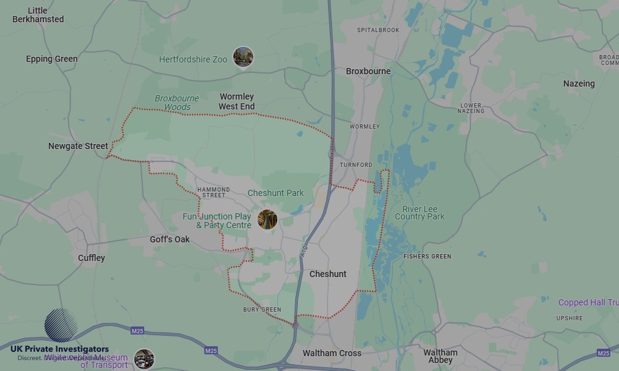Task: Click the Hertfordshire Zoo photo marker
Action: coord(243,57)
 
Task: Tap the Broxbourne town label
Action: coord(368,71)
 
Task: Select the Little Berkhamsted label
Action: coord(38,15)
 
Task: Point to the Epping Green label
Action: coord(52,59)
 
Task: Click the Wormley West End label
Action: coord(236,101)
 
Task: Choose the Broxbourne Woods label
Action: coord(177,103)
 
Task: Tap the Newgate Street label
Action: coord(78,147)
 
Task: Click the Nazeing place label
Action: coord(579,83)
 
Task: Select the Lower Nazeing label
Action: coord(471,108)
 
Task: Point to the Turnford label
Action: coord(356,165)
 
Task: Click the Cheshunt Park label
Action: coord(275,193)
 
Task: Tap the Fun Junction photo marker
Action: coord(267,220)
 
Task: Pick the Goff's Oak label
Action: coord(170,239)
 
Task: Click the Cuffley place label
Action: coord(92,258)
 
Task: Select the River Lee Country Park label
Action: coord(420,213)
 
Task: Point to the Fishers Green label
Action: coord(427,256)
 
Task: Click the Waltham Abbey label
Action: coord(440,357)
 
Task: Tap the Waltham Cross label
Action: coord(332,354)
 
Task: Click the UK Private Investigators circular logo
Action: coord(61,325)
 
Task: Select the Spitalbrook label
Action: coord(378,30)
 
